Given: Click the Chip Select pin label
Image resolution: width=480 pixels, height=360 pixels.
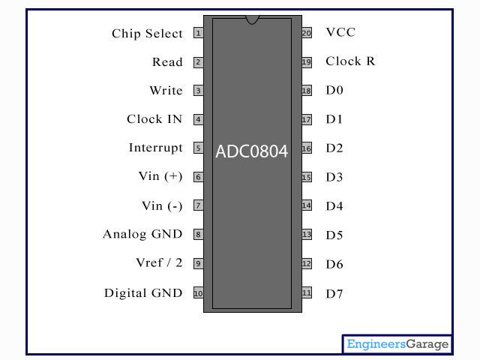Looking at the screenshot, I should (147, 33).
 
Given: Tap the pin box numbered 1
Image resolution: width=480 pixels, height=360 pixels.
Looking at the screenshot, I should (198, 33).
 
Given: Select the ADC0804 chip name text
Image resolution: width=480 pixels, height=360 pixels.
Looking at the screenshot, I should (252, 151).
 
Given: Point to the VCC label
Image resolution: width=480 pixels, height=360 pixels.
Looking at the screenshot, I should (340, 32).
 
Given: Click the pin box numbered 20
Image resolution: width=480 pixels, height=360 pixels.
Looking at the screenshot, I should (306, 33).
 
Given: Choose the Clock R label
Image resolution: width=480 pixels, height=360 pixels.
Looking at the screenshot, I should (350, 61).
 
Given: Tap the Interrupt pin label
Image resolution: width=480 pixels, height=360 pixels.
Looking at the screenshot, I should (155, 148).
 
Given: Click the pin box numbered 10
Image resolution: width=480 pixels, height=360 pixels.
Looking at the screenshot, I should (198, 293).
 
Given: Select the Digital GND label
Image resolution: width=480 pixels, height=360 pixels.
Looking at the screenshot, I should (143, 293).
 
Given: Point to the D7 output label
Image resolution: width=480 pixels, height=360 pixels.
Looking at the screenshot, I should (334, 294).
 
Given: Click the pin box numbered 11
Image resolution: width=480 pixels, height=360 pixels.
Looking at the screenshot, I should (306, 293).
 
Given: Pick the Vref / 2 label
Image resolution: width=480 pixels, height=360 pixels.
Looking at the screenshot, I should (159, 262).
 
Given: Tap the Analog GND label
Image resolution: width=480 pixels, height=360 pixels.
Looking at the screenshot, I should (142, 234).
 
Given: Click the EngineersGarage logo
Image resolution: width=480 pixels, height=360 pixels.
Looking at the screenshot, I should (397, 344).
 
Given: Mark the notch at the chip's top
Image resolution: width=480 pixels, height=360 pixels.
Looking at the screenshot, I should (252, 19).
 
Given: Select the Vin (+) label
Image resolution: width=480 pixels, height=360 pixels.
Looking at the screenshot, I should (160, 176).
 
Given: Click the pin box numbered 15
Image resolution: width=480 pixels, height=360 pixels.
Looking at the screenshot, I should (306, 178).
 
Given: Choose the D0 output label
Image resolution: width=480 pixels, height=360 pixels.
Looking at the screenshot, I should (334, 90).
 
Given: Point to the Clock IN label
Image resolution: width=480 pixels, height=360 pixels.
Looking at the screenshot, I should (154, 119).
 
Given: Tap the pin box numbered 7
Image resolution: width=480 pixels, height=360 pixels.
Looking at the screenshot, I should (198, 205).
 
